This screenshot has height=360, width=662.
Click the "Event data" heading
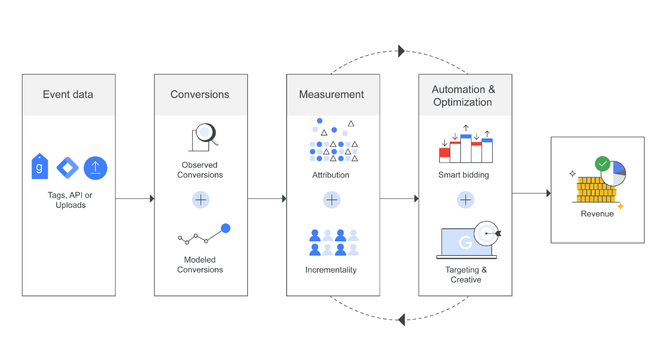click(x=68, y=94)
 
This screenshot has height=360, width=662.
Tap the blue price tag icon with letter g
click(x=40, y=167)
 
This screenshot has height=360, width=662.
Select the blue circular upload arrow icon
click(x=95, y=168)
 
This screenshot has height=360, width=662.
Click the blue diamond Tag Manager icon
click(x=68, y=168)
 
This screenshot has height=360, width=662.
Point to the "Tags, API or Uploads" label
click(x=70, y=200)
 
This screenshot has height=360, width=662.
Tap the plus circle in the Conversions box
click(x=200, y=199)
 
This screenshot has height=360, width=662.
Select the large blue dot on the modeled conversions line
click(x=225, y=228)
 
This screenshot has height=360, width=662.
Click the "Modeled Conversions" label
click(x=200, y=265)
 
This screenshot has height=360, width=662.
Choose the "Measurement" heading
click(x=331, y=94)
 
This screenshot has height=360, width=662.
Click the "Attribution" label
click(x=331, y=175)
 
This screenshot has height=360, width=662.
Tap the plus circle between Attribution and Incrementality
click(x=332, y=199)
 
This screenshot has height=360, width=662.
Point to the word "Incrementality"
click(x=331, y=270)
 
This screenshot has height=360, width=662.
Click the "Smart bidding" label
click(x=463, y=175)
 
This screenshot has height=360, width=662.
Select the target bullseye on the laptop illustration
click(x=486, y=234)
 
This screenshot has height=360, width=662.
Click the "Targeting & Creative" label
click(x=466, y=274)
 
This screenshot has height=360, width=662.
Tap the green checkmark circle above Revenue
click(x=603, y=163)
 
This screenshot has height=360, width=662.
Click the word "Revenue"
click(x=597, y=214)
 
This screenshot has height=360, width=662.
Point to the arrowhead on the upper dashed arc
click(x=401, y=51)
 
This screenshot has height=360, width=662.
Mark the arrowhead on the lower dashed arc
click(x=402, y=320)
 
